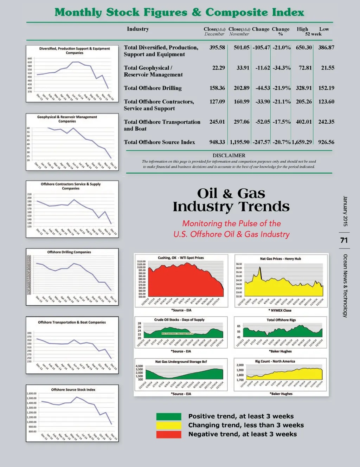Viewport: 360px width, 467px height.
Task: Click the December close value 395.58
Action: (217, 47)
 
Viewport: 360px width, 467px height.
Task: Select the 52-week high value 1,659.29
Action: (302, 142)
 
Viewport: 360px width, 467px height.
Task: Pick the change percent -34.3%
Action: (281, 68)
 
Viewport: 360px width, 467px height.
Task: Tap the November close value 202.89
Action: (242, 88)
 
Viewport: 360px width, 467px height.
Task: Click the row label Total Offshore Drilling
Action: (153, 88)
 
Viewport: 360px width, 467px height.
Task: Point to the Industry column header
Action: (138, 29)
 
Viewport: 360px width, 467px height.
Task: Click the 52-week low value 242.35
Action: (326, 122)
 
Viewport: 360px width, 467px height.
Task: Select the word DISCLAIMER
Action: (229, 155)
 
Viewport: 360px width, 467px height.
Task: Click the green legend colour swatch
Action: (169, 417)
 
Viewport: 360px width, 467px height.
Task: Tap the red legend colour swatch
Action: (169, 434)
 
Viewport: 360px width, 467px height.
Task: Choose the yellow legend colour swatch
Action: (169, 426)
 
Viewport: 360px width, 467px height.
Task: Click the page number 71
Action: (344, 240)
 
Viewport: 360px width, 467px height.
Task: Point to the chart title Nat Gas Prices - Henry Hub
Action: (280, 259)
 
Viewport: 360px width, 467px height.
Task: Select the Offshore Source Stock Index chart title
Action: (73, 389)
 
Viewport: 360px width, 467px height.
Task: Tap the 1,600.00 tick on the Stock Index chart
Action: (32, 394)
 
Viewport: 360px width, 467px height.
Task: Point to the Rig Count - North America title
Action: (275, 361)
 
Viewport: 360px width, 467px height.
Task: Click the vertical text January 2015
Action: (345, 211)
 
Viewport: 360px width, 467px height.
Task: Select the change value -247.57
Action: (261, 142)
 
